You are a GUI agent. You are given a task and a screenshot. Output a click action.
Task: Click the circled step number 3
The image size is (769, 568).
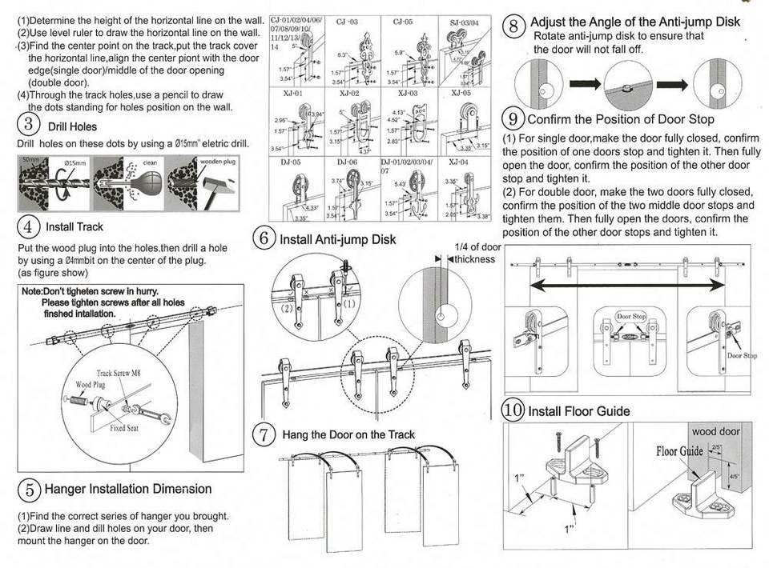29,125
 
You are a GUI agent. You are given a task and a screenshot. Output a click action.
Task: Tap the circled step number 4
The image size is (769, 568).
29,226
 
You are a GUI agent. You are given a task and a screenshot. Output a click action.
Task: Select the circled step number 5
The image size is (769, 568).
29,488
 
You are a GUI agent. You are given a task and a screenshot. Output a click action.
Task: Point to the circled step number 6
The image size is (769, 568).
264,238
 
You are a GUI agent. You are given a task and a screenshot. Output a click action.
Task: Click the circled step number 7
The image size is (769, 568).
264,435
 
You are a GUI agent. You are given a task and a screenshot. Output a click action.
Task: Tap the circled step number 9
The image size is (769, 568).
513,119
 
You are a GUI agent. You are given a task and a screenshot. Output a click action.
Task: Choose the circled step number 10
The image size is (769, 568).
513,410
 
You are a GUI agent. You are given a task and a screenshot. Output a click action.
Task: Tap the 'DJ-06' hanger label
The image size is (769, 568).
348,162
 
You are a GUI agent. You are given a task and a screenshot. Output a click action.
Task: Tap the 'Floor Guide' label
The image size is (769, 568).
679,451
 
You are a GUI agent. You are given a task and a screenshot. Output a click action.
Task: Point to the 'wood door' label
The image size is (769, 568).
715,432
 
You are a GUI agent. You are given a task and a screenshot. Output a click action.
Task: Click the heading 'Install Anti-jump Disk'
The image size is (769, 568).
337,238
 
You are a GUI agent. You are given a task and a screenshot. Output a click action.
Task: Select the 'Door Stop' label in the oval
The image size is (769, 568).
630,317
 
